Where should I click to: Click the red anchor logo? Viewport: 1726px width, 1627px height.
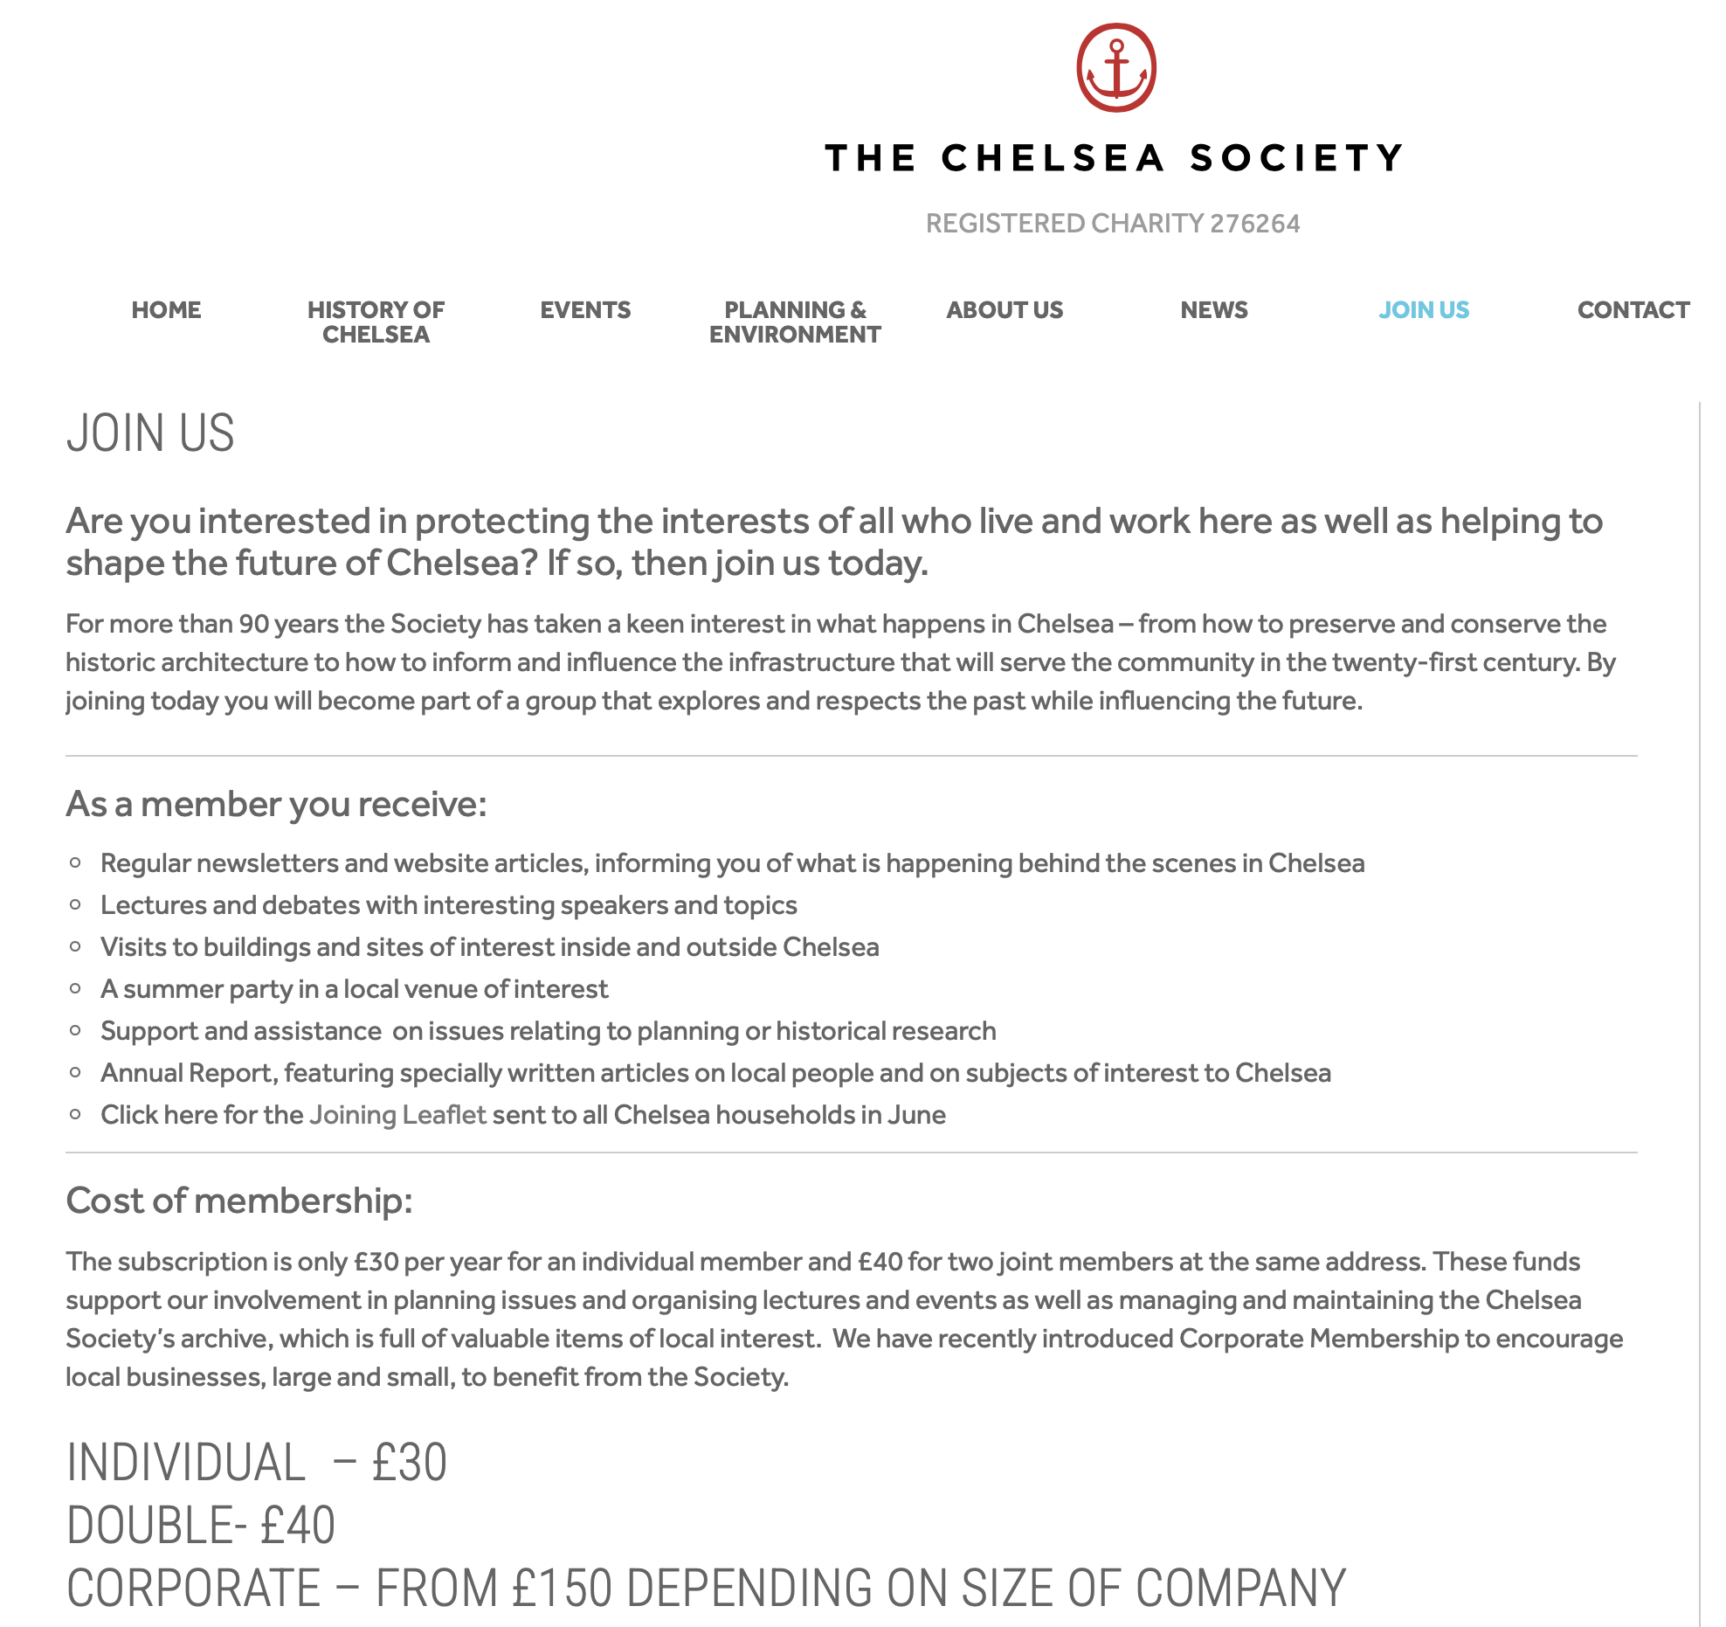(x=1115, y=68)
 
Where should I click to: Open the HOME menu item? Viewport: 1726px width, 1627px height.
(x=166, y=310)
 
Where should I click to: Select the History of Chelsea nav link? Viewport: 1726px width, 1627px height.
(x=376, y=322)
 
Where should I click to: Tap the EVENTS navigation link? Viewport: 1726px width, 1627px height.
(x=585, y=310)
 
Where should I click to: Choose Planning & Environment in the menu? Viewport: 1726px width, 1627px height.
(x=795, y=322)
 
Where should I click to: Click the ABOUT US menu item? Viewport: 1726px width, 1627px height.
(x=1005, y=310)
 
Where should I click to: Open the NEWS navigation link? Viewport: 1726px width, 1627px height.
(x=1213, y=310)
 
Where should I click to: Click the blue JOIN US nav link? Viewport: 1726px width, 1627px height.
(x=1424, y=310)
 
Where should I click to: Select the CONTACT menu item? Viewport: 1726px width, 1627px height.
(x=1633, y=310)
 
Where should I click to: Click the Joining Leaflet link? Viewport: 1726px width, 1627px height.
(x=397, y=1115)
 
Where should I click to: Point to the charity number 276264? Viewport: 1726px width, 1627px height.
(x=1254, y=224)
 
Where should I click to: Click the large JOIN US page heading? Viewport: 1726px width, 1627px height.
(x=150, y=433)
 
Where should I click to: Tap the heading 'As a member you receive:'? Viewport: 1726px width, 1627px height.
(x=276, y=804)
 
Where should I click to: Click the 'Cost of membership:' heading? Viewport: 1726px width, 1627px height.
(x=238, y=1201)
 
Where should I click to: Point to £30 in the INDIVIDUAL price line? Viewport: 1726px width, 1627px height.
(x=410, y=1463)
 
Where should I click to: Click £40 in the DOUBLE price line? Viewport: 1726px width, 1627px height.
(x=298, y=1526)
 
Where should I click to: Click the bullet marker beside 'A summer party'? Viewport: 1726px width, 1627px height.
(x=76, y=989)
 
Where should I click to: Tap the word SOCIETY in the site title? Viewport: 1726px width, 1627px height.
(x=1296, y=158)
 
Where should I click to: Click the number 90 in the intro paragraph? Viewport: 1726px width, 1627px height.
(x=254, y=624)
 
